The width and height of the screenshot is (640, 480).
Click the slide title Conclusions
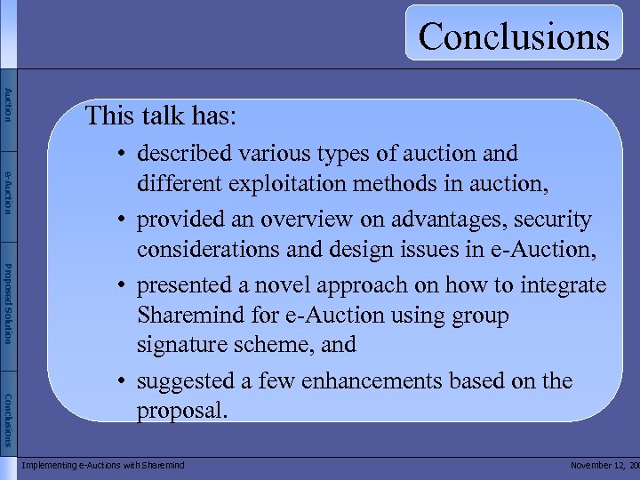pyautogui.click(x=514, y=36)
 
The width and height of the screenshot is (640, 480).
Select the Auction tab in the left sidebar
pyautogui.click(x=8, y=105)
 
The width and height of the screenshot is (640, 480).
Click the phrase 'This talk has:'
pyautogui.click(x=160, y=116)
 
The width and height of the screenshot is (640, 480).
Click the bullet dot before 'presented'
pyautogui.click(x=118, y=285)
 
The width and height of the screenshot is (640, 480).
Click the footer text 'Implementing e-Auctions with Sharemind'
pyautogui.click(x=103, y=465)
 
